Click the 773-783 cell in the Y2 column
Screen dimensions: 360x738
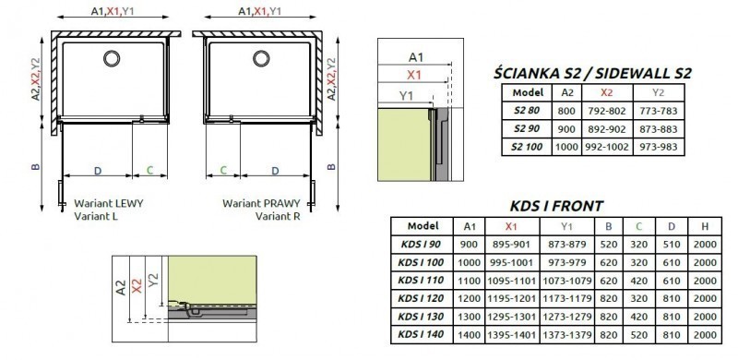pyautogui.click(x=659, y=110)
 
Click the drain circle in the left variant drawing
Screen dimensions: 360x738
pyautogui.click(x=111, y=59)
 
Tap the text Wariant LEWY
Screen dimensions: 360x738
pyautogui.click(x=108, y=202)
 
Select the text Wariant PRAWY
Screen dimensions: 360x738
pyautogui.click(x=255, y=202)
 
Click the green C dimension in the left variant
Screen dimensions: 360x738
pyautogui.click(x=149, y=172)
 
